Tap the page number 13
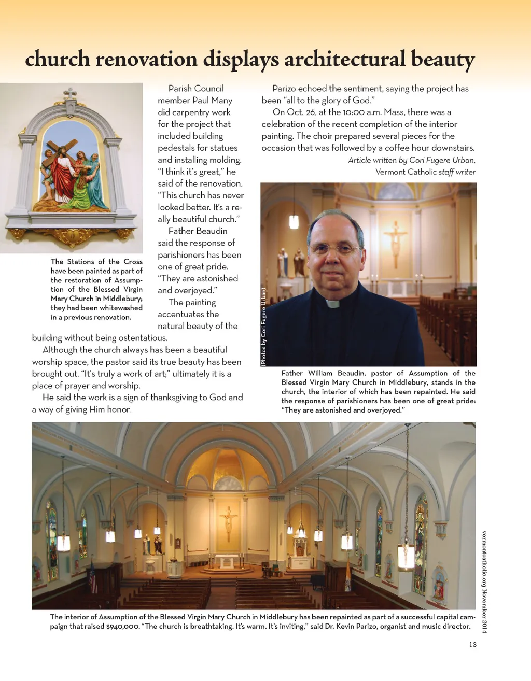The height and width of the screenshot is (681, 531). coord(472,645)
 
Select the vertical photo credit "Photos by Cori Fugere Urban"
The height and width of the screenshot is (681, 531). coord(263,327)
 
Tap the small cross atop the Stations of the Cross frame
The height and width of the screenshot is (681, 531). coord(70,94)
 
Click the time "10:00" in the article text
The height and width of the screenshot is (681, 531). coord(355,112)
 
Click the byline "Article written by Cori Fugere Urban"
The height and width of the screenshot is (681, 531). coord(412,160)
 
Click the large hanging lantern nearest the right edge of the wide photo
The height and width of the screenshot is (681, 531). coord(406,556)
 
